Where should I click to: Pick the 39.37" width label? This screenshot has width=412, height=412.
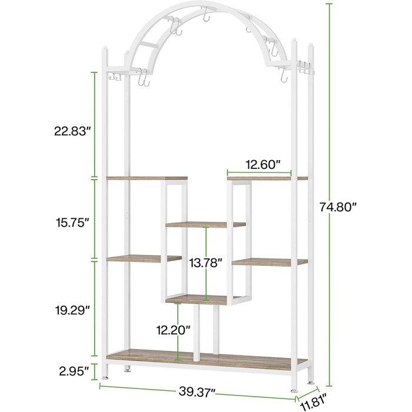pyautogui.click(x=197, y=391)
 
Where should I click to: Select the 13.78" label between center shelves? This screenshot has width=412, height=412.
pyautogui.click(x=206, y=263)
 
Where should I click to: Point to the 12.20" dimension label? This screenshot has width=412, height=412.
pyautogui.click(x=173, y=330)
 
